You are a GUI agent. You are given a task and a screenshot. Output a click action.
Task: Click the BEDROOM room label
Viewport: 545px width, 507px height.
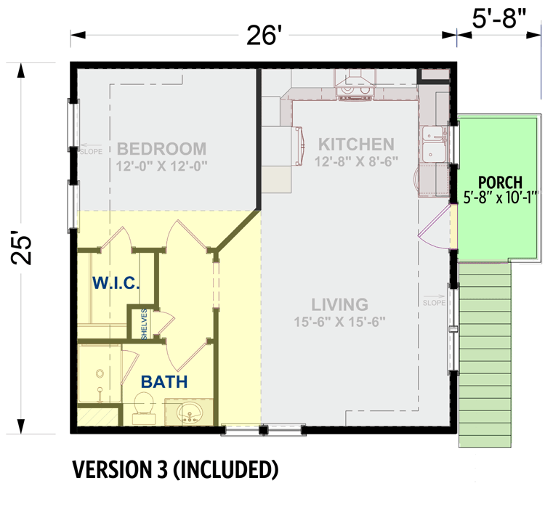click(161, 149)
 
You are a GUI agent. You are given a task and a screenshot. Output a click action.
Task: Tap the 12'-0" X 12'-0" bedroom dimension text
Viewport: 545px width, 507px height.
click(161, 166)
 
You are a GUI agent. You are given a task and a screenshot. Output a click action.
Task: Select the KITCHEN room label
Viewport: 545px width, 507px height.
click(357, 145)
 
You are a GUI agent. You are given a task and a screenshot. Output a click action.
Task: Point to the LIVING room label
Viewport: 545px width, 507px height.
click(339, 304)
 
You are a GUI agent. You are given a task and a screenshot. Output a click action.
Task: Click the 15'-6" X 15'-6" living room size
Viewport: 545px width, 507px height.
click(339, 321)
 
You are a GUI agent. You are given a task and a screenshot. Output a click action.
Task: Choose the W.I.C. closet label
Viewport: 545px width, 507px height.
click(116, 283)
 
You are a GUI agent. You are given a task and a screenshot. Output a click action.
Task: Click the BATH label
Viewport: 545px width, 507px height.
click(164, 381)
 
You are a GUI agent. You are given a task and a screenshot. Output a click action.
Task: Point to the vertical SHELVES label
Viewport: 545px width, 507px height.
click(145, 323)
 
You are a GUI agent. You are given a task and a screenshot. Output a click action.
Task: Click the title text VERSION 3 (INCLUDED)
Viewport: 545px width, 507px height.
click(174, 471)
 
